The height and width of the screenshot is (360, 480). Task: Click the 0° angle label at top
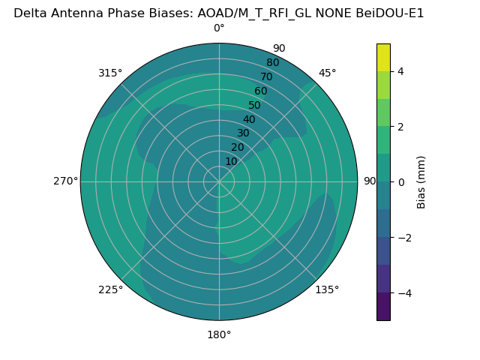[219, 28]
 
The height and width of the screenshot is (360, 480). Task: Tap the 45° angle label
[327, 73]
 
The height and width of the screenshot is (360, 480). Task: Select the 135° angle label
[327, 289]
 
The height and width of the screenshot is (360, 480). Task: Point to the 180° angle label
[219, 334]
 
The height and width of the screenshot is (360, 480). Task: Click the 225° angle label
[110, 289]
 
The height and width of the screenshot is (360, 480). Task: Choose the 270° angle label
[65, 181]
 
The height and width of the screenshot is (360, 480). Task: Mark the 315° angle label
[110, 73]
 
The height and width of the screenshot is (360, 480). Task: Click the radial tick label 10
[231, 161]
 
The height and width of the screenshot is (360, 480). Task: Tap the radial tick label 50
[255, 106]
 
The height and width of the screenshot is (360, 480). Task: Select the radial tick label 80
[272, 63]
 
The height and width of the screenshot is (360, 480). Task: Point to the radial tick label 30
[243, 133]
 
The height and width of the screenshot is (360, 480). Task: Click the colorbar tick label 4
[400, 71]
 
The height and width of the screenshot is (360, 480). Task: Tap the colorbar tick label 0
[400, 182]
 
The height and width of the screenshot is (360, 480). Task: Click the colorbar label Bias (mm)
[421, 182]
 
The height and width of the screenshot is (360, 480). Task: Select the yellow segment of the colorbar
[383, 57]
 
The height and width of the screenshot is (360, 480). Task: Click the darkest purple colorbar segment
[383, 307]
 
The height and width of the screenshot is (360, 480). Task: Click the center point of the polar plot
[219, 181]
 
